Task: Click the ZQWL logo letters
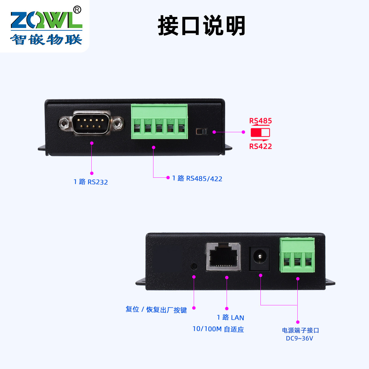(46, 20)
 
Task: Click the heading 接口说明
(201, 26)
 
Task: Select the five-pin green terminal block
(159, 122)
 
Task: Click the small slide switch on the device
(201, 132)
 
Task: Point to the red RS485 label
(260, 121)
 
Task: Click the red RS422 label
(260, 146)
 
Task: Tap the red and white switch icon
(260, 133)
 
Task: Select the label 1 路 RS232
(91, 182)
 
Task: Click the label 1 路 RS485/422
(197, 178)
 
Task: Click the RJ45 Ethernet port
(223, 256)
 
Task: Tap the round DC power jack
(260, 256)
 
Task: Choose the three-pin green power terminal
(297, 255)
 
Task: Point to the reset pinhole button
(194, 266)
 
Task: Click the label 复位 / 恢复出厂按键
(156, 310)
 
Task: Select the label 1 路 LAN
(230, 318)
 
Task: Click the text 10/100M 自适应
(218, 329)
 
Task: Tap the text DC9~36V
(299, 339)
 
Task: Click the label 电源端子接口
(300, 330)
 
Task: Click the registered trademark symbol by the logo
(77, 10)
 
